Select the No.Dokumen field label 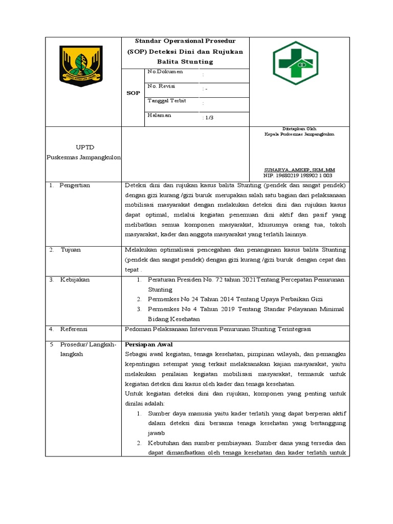[x=165, y=72]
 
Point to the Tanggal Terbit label [x=166, y=101]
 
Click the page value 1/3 [x=208, y=118]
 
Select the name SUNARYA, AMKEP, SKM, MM [x=299, y=169]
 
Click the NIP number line [x=297, y=175]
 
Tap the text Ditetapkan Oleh [x=299, y=128]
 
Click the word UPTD [x=82, y=147]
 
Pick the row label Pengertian [x=74, y=185]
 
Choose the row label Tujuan [x=71, y=250]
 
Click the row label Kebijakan [x=75, y=280]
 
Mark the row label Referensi [x=74, y=329]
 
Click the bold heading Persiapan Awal [x=149, y=344]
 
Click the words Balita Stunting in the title [x=185, y=61]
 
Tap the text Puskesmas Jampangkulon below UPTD [x=83, y=157]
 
